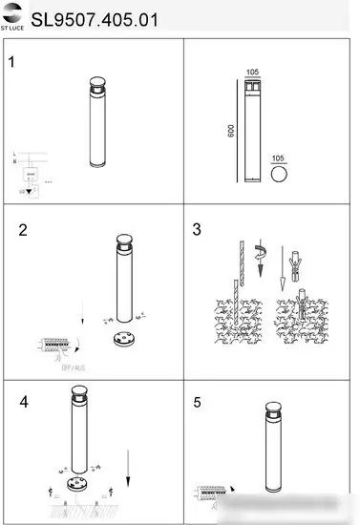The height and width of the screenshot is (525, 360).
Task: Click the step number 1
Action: click(12, 64)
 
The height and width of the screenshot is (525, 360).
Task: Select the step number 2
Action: click(24, 230)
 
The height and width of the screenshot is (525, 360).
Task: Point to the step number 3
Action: click(197, 230)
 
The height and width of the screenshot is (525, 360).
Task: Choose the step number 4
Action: click(24, 401)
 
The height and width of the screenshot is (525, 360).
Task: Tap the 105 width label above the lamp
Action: click(252, 73)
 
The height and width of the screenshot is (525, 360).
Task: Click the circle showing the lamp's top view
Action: click(280, 177)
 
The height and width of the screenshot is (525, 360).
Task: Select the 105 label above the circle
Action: click(279, 157)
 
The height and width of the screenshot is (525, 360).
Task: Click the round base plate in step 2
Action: click(123, 341)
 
